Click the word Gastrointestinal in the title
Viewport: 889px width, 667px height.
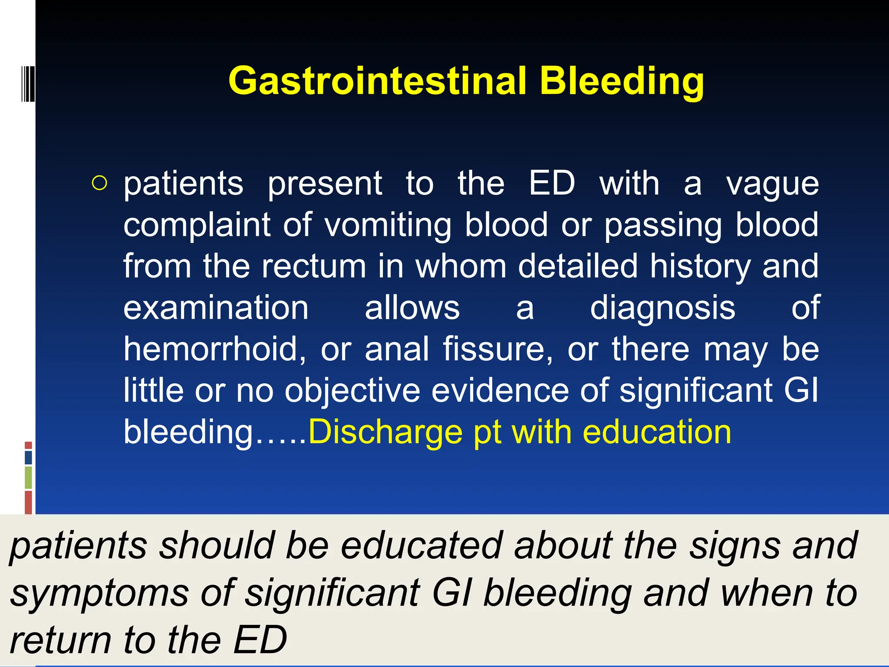[x=377, y=81]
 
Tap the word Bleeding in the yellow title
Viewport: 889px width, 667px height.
[x=622, y=82]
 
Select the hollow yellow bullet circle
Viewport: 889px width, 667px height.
[x=99, y=183]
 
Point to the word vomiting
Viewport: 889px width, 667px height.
[x=388, y=225]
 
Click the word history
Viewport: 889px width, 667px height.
[x=700, y=267]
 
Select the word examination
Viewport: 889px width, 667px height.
[x=216, y=307]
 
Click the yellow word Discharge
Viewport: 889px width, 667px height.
[x=385, y=432]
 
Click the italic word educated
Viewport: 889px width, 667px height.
[x=421, y=545]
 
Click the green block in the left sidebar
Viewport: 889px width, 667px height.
[x=28, y=477]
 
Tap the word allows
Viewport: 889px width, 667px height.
[x=412, y=307]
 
